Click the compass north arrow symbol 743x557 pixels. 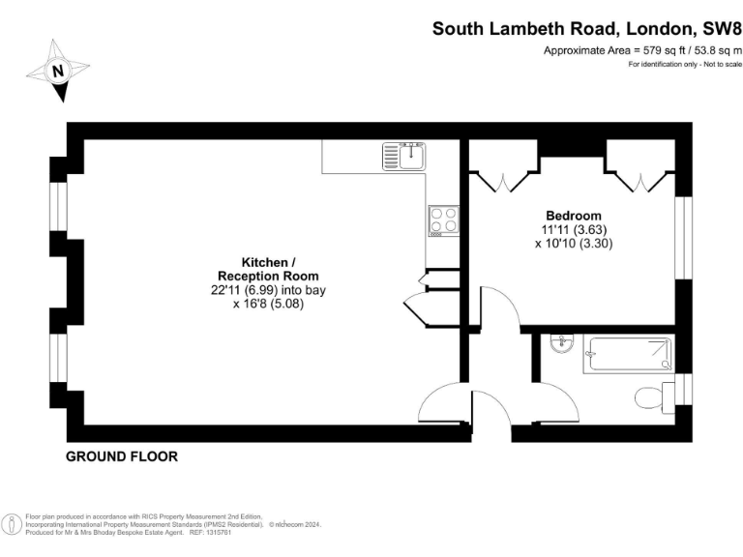pyautogui.click(x=58, y=71)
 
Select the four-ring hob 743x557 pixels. pyautogui.click(x=443, y=220)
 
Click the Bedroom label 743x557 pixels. pyautogui.click(x=573, y=216)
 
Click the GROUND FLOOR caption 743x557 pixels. pyautogui.click(x=122, y=456)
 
